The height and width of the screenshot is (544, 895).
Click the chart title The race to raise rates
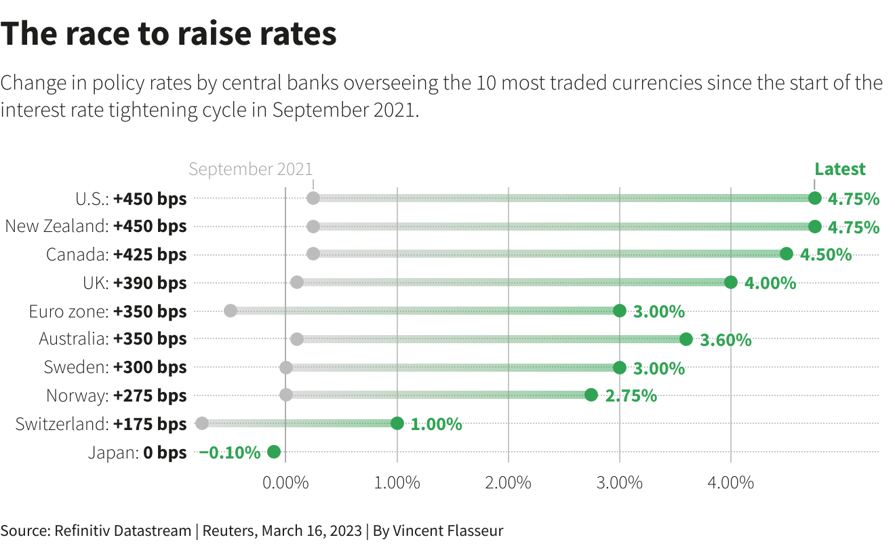tap(169, 34)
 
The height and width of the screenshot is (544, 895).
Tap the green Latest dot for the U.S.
tap(814, 198)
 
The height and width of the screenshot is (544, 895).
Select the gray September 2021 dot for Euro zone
tap(231, 311)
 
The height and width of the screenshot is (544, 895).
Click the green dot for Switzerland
tap(397, 423)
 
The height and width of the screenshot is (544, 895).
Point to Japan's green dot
tap(274, 452)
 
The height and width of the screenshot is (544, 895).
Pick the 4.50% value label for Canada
tap(826, 254)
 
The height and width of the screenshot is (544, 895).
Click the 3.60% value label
tap(725, 339)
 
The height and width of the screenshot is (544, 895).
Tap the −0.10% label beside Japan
tap(229, 452)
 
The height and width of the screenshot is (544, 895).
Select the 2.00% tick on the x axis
tap(508, 483)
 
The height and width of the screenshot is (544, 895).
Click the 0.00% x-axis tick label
tap(285, 483)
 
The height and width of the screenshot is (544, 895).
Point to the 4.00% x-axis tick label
tap(730, 483)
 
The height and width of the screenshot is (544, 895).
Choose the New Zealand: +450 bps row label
tap(96, 227)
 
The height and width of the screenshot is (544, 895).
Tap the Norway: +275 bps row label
tap(116, 395)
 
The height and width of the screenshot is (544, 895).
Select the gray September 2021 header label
tap(251, 169)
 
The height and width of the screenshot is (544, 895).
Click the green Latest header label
tap(840, 169)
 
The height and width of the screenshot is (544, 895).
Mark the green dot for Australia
tap(686, 339)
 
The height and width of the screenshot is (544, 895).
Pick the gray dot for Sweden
tap(286, 368)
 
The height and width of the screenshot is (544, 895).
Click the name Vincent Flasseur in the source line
tap(448, 530)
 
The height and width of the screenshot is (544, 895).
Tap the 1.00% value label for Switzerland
tap(436, 424)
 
